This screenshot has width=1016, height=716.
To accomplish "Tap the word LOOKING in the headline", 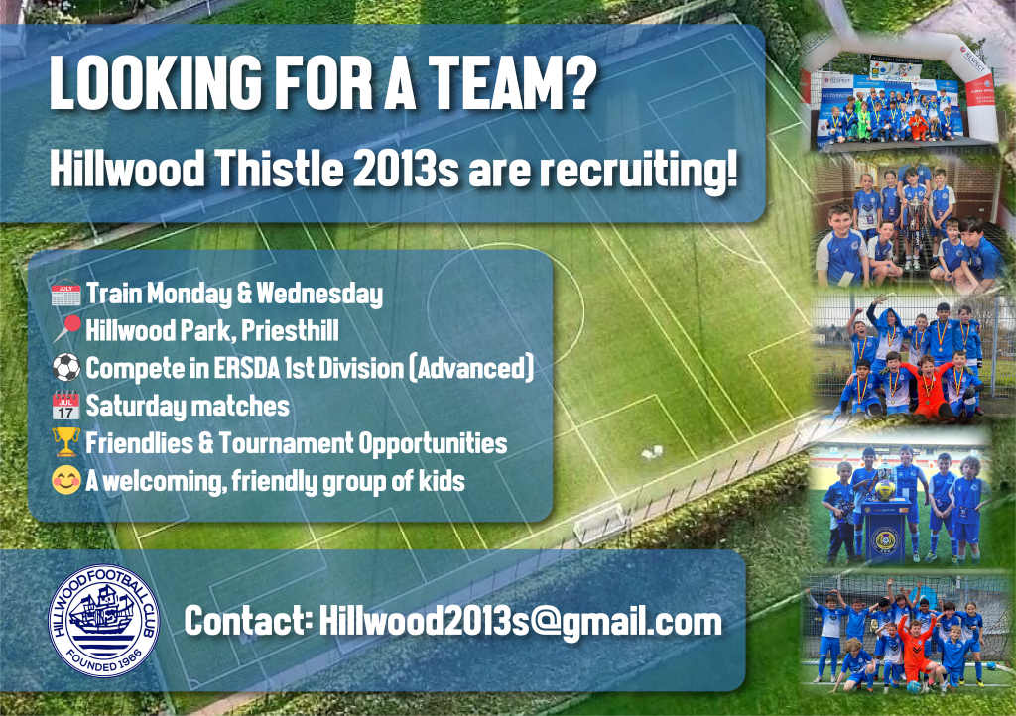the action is [x=156, y=82].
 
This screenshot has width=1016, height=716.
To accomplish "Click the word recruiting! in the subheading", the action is [x=639, y=170].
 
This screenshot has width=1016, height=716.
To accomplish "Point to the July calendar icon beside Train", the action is [x=65, y=294].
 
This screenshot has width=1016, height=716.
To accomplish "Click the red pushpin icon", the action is [x=66, y=329].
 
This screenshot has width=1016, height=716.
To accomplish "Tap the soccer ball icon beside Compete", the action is [x=66, y=368].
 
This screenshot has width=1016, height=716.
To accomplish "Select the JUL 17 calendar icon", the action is [x=66, y=406].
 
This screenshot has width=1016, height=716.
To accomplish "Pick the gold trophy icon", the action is [x=66, y=443].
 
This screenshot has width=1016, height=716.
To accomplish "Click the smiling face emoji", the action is [x=66, y=480].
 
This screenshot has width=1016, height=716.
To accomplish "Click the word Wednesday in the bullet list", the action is [x=319, y=294].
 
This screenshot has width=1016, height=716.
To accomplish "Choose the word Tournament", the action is [x=286, y=443].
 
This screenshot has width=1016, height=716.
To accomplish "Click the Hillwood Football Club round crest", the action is [x=103, y=621].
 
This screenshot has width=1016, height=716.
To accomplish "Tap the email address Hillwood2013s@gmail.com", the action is [x=520, y=622].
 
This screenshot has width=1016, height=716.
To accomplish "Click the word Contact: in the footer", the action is [x=249, y=621].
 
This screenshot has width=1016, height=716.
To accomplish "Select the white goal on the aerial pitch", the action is [x=600, y=523].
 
